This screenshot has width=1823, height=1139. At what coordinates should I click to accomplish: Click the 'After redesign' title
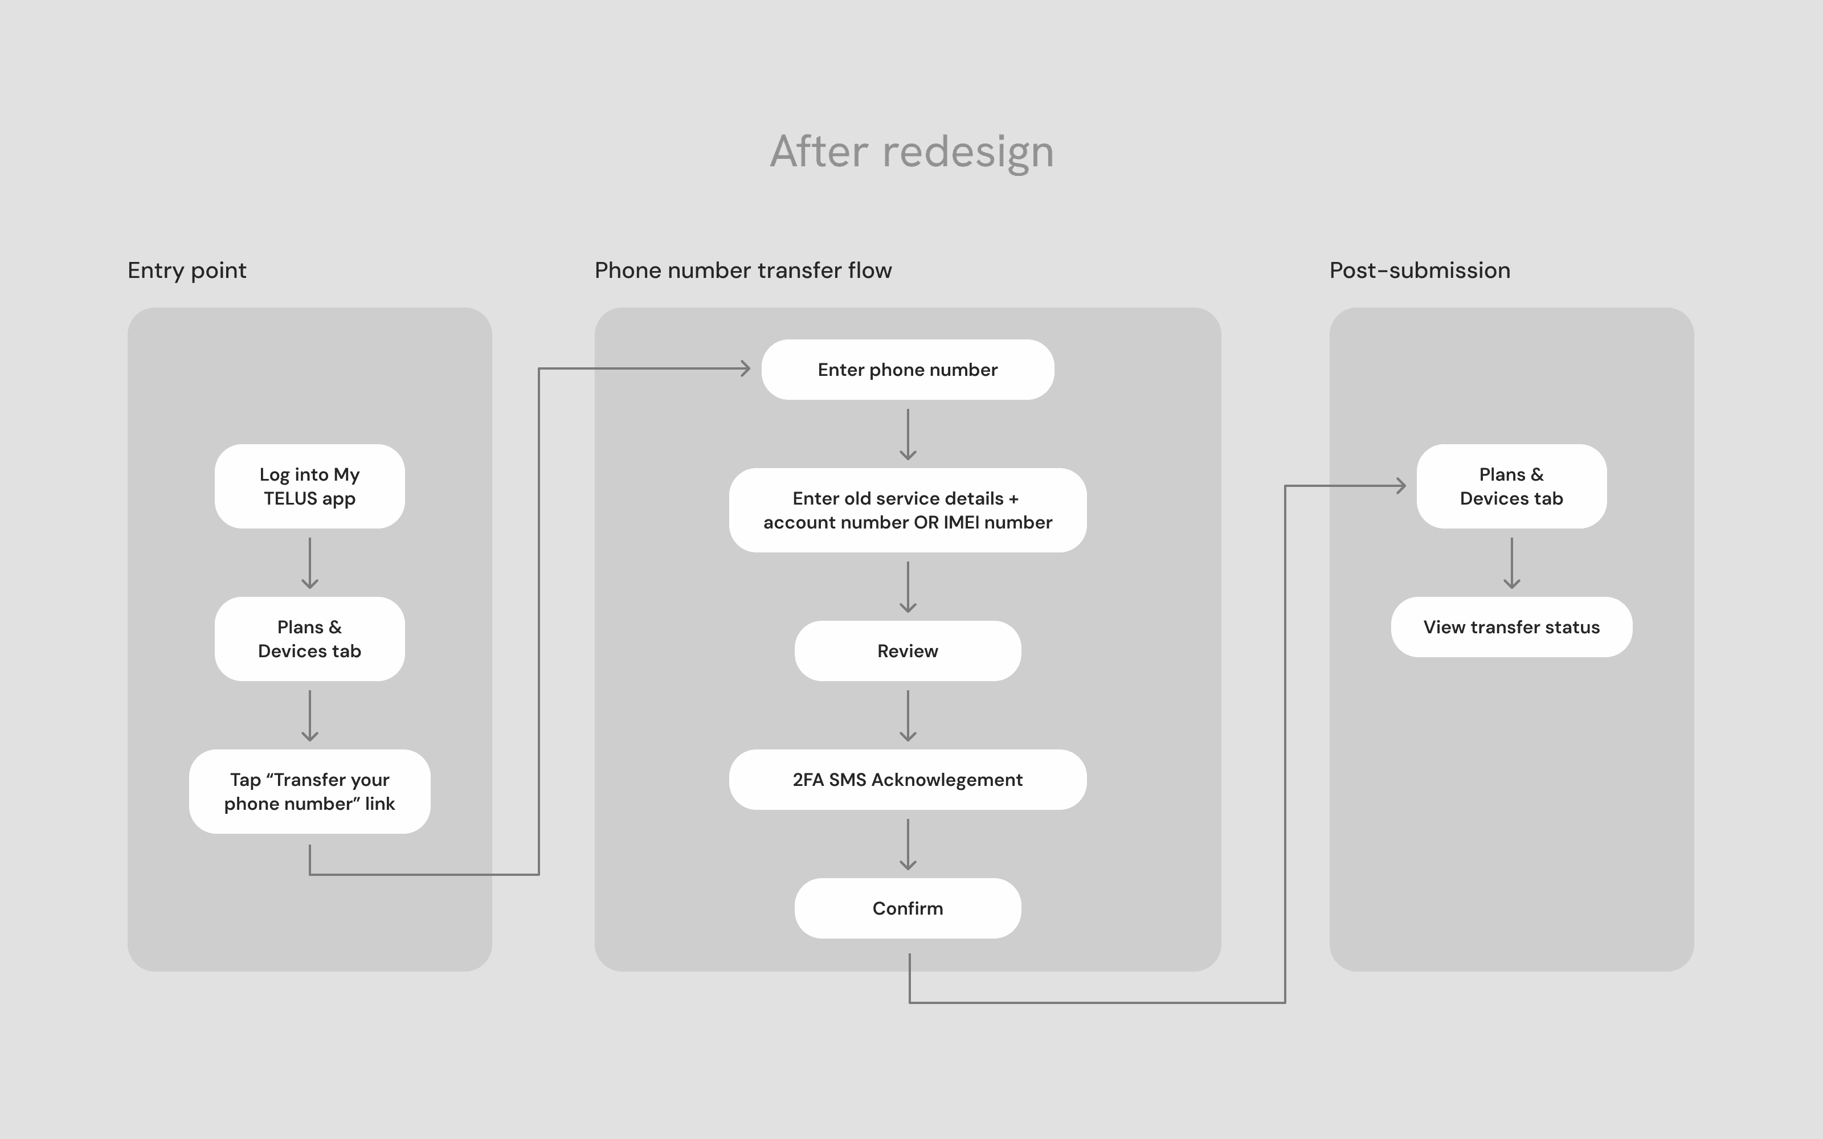tap(911, 151)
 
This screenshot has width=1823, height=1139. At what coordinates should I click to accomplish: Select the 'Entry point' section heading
tap(187, 271)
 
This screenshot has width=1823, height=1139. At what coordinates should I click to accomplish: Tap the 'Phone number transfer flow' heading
tap(743, 271)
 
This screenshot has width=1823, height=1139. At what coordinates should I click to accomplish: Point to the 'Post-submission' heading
tap(1419, 271)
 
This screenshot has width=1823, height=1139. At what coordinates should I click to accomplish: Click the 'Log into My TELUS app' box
tap(309, 486)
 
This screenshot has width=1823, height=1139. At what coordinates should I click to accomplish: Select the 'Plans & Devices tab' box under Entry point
tap(309, 639)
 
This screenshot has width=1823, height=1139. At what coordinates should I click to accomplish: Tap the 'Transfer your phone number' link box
tap(309, 791)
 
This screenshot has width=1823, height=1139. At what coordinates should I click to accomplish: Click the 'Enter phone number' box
tap(908, 369)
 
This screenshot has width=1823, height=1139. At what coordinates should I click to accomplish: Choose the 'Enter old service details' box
tap(908, 510)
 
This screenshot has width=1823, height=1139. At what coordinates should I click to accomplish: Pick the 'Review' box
tap(908, 651)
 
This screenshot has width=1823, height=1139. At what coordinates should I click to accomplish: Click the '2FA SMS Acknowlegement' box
tap(908, 780)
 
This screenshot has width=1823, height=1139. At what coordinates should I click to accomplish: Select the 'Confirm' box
tap(908, 908)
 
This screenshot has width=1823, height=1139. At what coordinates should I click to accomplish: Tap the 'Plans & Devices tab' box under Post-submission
tap(1511, 486)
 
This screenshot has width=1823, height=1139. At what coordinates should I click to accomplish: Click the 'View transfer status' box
tap(1511, 627)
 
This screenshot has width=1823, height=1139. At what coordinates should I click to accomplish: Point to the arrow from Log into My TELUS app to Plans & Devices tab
tap(309, 563)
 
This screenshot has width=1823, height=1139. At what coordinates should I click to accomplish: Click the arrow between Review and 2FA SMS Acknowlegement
tap(908, 716)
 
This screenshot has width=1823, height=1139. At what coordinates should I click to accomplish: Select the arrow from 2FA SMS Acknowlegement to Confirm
tap(908, 845)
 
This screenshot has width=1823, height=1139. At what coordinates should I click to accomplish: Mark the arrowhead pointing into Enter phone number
tap(746, 368)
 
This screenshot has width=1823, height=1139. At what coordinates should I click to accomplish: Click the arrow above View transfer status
tap(1511, 563)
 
